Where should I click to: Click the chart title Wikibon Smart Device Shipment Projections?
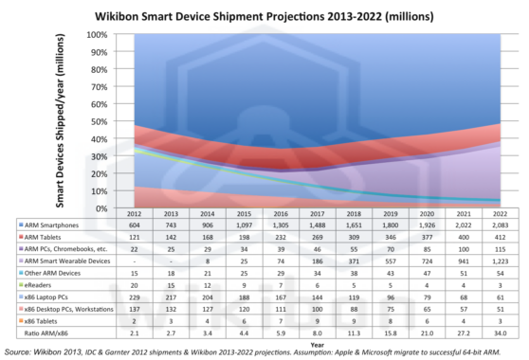pyautogui.click(x=264, y=16)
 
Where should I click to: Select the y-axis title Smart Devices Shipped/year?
pyautogui.click(x=60, y=121)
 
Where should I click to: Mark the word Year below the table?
pyautogui.click(x=317, y=344)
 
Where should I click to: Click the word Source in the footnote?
pyautogui.click(x=20, y=352)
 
